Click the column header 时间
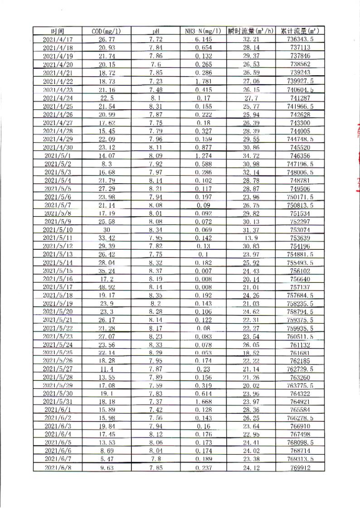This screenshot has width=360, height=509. (x=58, y=31)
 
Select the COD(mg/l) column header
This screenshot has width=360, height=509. (x=106, y=31)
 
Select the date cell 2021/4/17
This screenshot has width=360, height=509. (x=58, y=39)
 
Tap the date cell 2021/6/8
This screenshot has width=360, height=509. (x=58, y=467)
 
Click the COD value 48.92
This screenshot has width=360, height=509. (x=106, y=286)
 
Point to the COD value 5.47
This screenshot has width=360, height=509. (x=106, y=459)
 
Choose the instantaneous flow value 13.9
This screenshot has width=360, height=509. (x=251, y=237)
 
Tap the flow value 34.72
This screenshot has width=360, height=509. (x=251, y=155)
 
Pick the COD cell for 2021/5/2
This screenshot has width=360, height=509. (x=106, y=163)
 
